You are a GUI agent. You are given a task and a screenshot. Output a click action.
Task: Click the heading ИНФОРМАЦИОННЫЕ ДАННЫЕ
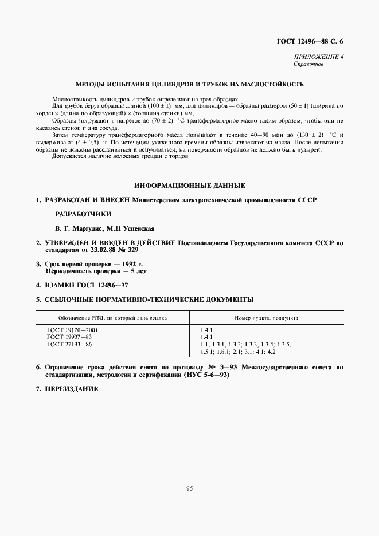click(189, 186)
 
